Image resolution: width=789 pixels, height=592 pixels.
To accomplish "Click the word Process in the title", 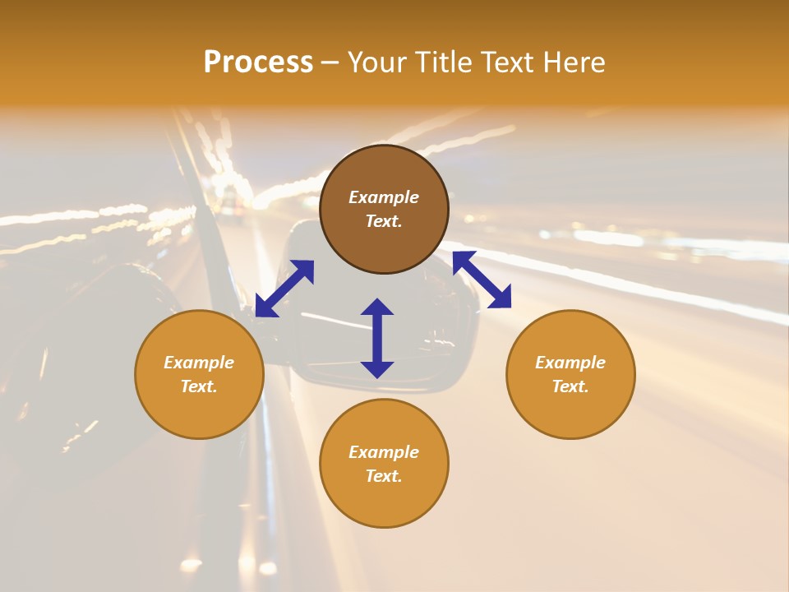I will [x=258, y=62].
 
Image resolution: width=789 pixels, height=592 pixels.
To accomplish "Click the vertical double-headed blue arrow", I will [x=377, y=338].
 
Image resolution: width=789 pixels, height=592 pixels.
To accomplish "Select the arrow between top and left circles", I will [x=284, y=289].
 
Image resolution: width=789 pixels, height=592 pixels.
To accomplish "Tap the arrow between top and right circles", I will [x=482, y=280].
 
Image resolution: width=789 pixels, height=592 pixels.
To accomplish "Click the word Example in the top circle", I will [x=384, y=197].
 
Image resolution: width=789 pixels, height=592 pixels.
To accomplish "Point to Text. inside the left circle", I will [x=199, y=386].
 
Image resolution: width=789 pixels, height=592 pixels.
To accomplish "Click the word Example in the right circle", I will [x=570, y=363].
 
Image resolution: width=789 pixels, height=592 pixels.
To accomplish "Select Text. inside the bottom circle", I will [x=384, y=476].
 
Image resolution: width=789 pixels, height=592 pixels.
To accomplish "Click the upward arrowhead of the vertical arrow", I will [x=377, y=307].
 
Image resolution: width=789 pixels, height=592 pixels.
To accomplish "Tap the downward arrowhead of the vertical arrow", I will [x=377, y=369].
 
